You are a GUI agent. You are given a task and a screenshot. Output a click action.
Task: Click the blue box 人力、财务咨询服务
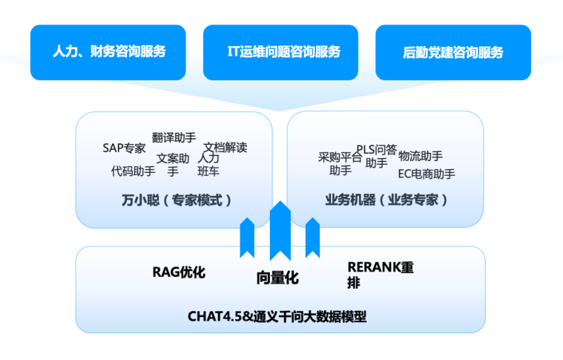tap(108, 52)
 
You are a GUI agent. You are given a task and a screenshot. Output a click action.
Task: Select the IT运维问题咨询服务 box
tap(280, 52)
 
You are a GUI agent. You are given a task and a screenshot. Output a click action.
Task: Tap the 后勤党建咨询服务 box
tap(452, 52)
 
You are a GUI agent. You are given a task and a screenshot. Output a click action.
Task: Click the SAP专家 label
tap(124, 148)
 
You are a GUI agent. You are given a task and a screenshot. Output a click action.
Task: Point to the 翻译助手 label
tap(174, 137)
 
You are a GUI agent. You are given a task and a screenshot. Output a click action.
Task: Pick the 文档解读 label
tap(225, 147)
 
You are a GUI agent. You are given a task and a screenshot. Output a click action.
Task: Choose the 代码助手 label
tap(133, 171)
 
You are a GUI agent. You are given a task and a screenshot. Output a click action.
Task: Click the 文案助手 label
tap(173, 165)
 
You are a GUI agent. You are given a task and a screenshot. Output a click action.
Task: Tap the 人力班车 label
tap(208, 165)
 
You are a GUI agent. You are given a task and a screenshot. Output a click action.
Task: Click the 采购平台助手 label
tap(340, 163)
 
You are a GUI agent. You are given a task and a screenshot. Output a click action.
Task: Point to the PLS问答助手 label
tap(376, 155)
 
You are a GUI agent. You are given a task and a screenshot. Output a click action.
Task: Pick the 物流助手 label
tap(421, 156)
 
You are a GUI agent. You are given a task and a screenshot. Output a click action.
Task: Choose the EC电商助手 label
tap(427, 174)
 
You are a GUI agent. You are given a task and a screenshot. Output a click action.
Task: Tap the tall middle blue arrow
tap(280, 230)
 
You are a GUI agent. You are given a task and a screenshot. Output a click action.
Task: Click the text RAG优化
tap(179, 272)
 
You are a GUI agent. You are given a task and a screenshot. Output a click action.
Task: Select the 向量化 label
tap(277, 278)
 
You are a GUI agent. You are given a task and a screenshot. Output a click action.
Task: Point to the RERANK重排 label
tap(380, 275)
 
